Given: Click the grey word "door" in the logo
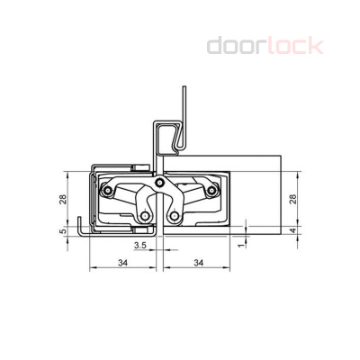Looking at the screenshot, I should (237, 45).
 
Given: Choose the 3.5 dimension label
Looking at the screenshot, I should (140, 244).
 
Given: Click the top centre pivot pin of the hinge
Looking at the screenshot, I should (159, 184).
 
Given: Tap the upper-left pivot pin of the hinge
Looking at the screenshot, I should (112, 191).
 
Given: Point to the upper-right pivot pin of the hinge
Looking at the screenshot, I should (211, 191).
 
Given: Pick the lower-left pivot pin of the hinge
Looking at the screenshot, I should (145, 216).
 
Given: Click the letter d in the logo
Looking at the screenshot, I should (216, 45).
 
